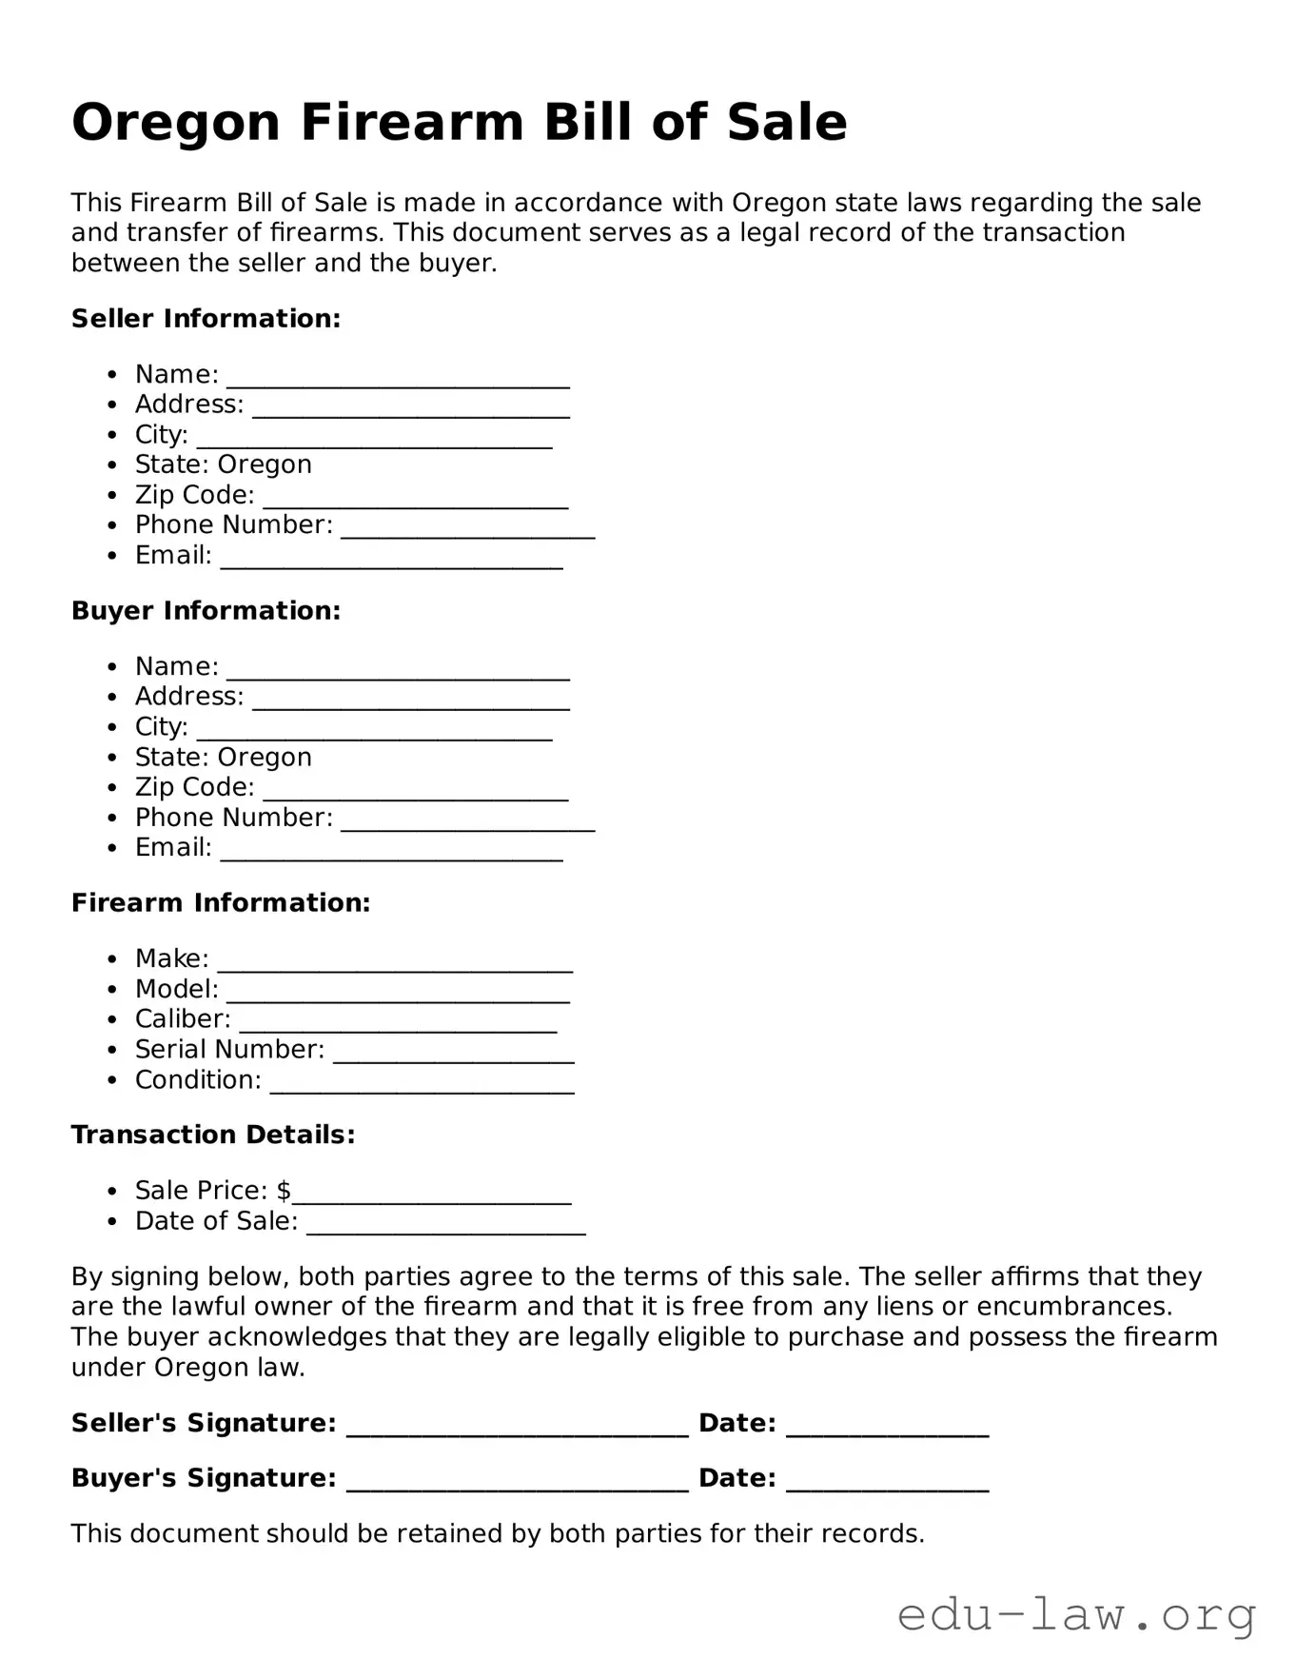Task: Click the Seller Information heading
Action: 206,319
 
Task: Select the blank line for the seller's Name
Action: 398,379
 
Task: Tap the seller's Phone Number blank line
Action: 467,529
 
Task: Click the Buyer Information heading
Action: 206,611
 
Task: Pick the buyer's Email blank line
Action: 391,852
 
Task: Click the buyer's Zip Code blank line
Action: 415,792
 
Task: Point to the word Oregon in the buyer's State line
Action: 265,758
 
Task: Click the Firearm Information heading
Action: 221,903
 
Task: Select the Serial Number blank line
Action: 453,1054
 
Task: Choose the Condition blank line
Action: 422,1084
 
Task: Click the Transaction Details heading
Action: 213,1135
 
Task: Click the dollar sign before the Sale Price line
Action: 284,1191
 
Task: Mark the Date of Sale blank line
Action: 445,1226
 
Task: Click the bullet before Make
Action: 113,959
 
